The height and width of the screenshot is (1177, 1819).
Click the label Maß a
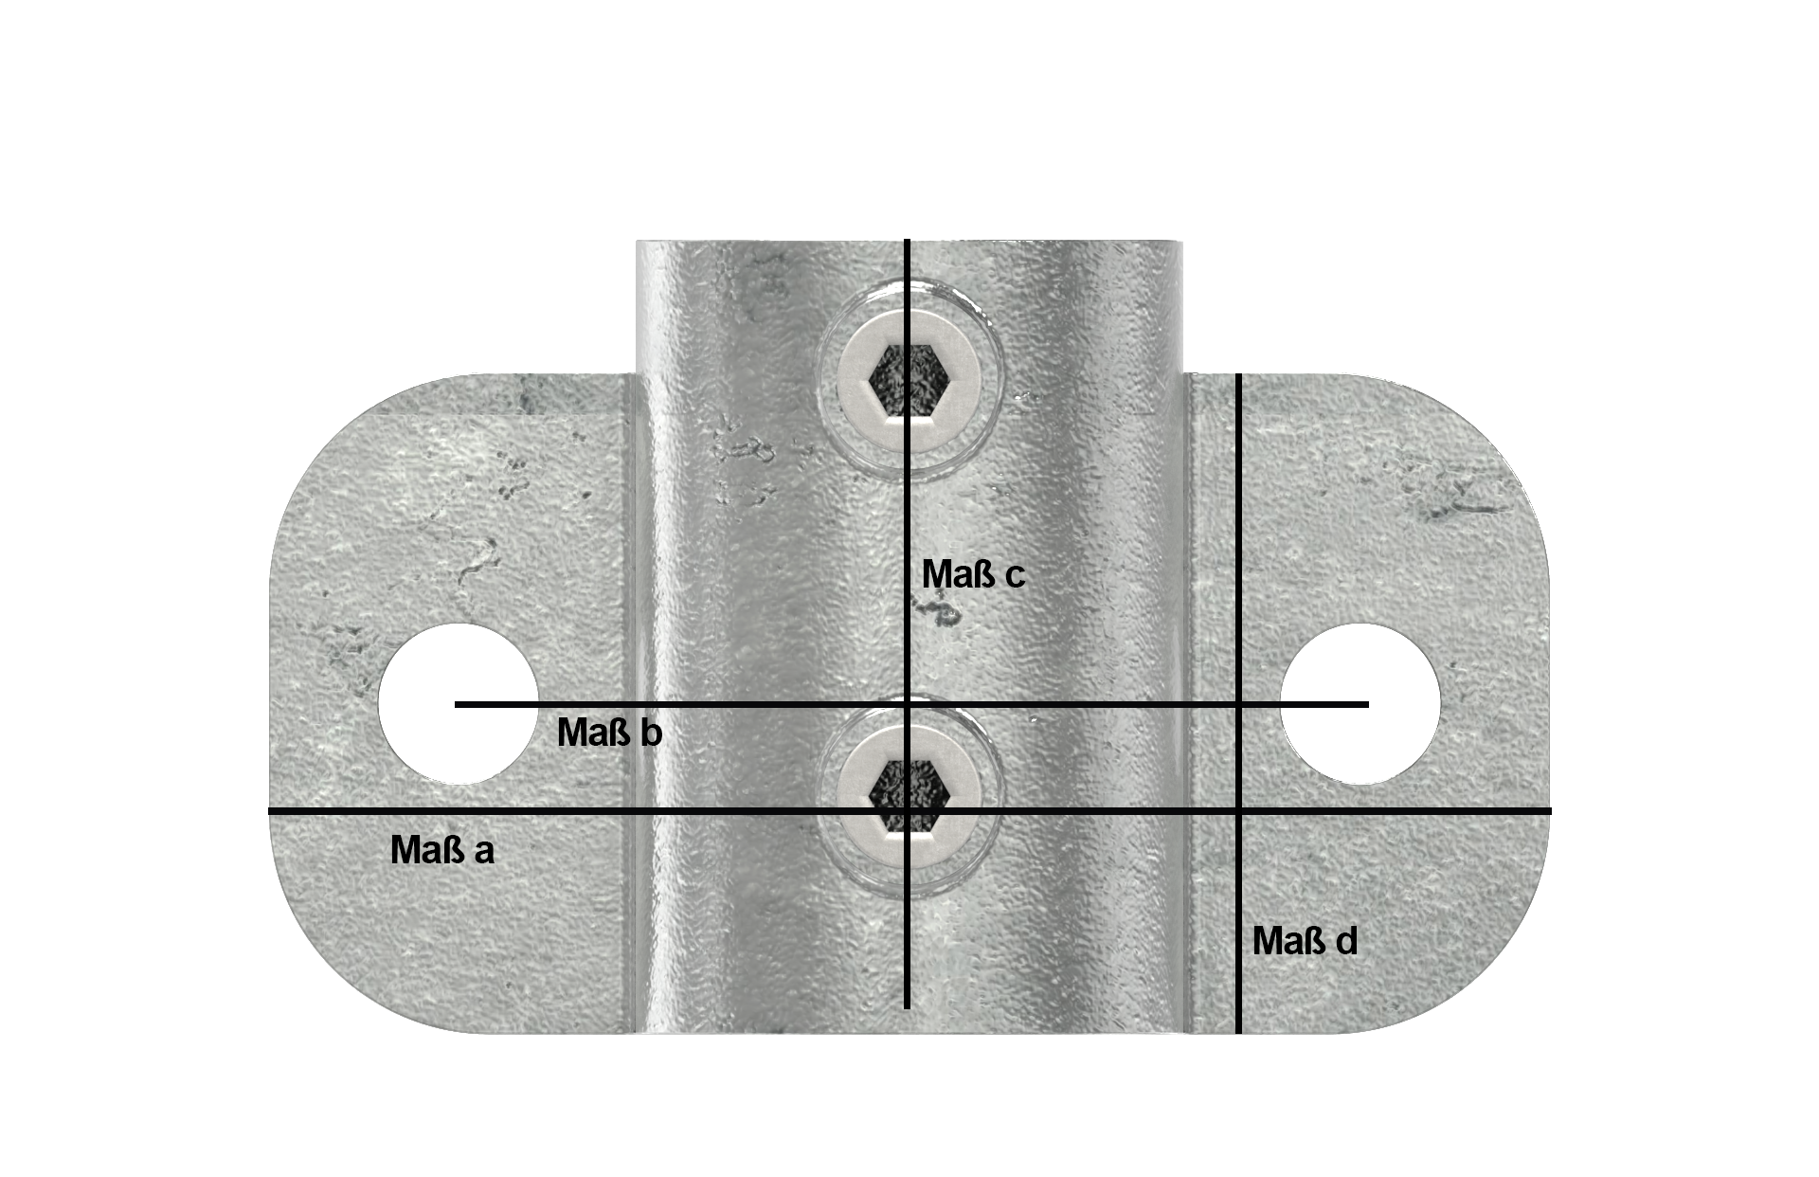tap(441, 850)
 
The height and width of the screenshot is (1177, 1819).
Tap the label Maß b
tap(609, 733)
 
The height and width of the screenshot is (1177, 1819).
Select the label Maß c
tap(973, 574)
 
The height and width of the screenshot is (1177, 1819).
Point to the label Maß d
tap(1305, 941)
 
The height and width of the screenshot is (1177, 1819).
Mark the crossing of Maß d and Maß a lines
tap(1238, 811)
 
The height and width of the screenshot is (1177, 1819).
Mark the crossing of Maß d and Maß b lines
tap(1238, 704)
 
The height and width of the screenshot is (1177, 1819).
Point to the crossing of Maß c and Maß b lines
tap(908, 704)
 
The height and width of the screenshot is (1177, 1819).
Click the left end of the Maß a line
tap(271, 811)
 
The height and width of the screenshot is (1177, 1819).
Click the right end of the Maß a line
tap(1549, 811)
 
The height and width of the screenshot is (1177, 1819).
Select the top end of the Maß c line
tap(908, 242)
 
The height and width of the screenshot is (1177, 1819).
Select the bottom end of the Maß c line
tap(908, 1007)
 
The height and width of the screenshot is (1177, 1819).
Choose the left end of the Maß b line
tap(457, 704)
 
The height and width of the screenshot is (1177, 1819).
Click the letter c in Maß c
tap(1015, 576)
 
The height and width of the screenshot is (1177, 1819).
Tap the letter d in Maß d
tap(1346, 941)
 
